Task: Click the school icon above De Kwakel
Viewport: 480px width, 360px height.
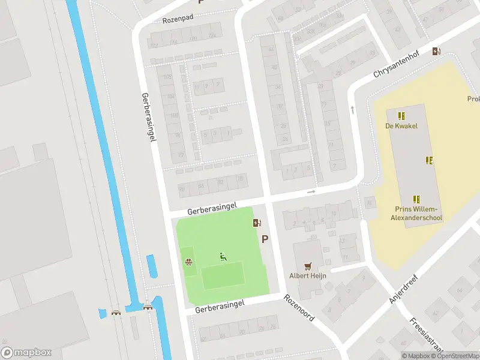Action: tap(401, 115)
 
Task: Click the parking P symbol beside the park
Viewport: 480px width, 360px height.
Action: tap(265, 239)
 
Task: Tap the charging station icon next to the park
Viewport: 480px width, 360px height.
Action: tap(257, 223)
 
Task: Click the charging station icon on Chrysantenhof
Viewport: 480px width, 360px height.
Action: tap(436, 52)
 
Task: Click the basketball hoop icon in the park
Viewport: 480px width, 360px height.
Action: tap(188, 262)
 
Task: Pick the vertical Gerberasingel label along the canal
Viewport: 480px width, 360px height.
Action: tap(149, 117)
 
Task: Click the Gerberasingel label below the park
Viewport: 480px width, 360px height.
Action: tap(220, 306)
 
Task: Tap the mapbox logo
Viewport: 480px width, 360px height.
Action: tap(26, 352)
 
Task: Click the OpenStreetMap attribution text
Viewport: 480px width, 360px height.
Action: tap(454, 356)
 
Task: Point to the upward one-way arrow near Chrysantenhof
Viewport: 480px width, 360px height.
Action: tap(352, 109)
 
